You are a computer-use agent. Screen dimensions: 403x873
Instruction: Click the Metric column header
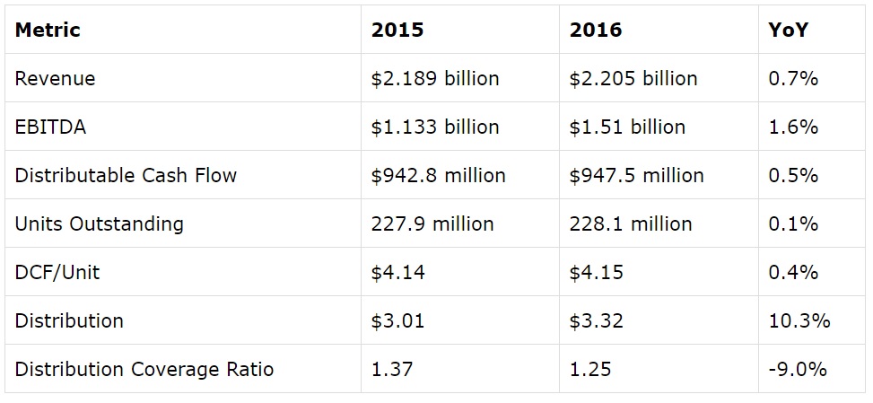click(48, 30)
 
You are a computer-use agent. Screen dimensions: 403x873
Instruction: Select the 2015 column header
click(397, 30)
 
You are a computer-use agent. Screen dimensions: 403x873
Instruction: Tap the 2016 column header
click(595, 30)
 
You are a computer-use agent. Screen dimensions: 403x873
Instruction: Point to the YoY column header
click(788, 30)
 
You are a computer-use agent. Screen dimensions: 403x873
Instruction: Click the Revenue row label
click(55, 78)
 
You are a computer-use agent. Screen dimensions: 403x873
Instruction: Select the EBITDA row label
click(50, 127)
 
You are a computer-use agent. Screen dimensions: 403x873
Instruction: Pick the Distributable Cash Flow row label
click(126, 175)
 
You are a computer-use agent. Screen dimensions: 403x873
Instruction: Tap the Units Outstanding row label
click(99, 223)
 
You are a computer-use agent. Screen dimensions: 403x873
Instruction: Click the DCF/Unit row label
click(57, 272)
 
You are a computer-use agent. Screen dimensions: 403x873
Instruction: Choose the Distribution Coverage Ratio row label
click(144, 369)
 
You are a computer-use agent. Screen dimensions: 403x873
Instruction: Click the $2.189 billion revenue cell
click(434, 78)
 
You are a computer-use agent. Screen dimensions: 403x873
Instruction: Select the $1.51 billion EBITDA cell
click(626, 127)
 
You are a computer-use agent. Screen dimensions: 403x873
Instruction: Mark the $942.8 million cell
click(438, 175)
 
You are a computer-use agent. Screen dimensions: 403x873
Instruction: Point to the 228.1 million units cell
click(630, 223)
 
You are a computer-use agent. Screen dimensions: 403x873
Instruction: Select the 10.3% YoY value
click(799, 320)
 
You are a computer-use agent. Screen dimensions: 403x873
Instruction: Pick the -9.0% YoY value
click(797, 369)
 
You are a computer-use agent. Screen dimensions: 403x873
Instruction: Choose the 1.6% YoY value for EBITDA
click(793, 127)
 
